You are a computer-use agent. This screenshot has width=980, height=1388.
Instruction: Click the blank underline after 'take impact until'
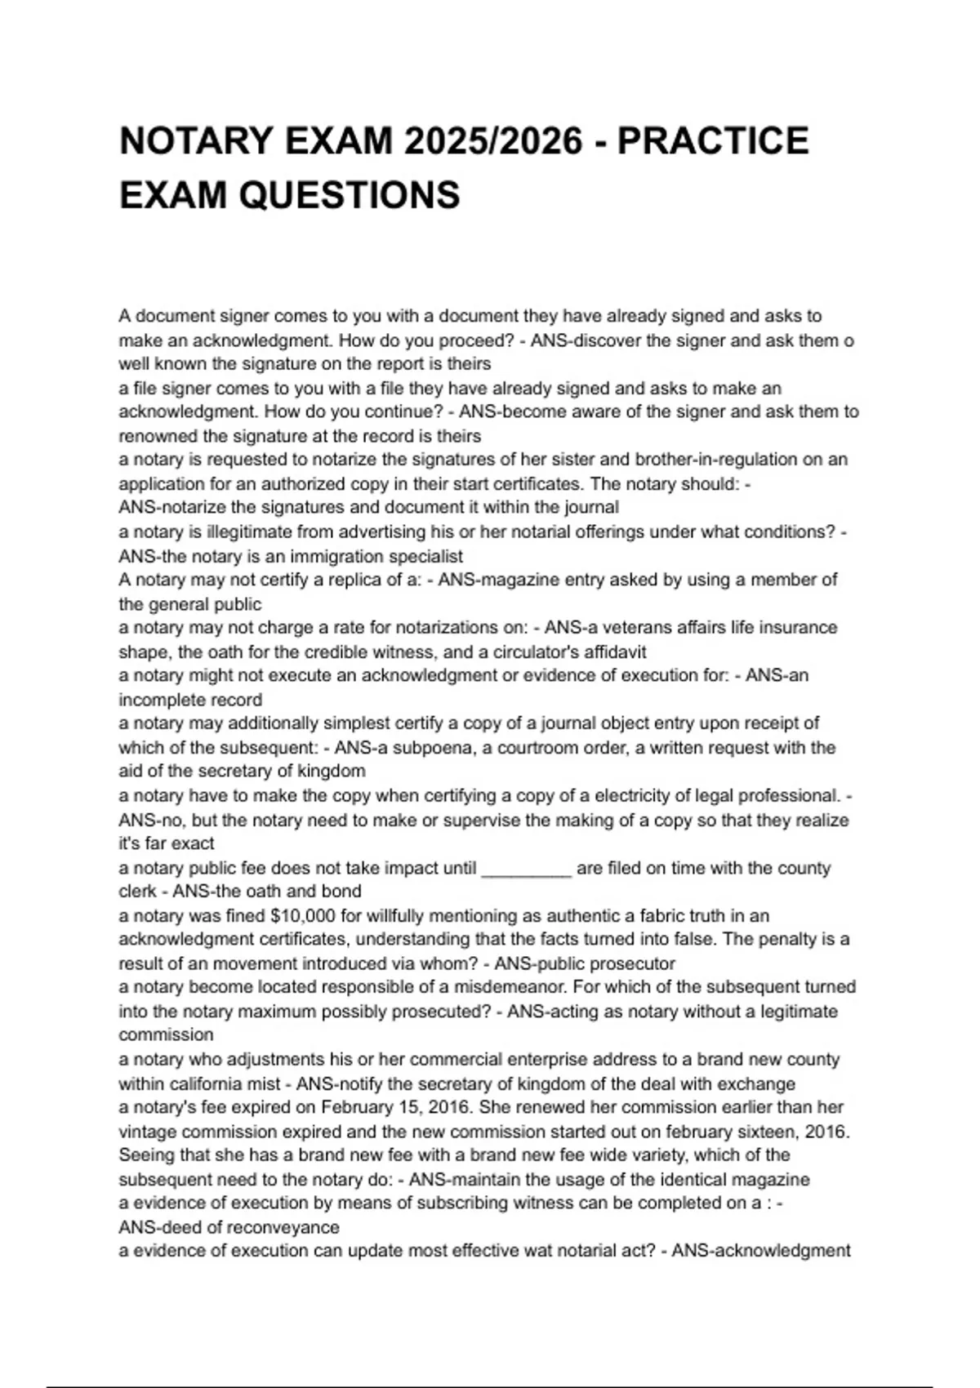[527, 868]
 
